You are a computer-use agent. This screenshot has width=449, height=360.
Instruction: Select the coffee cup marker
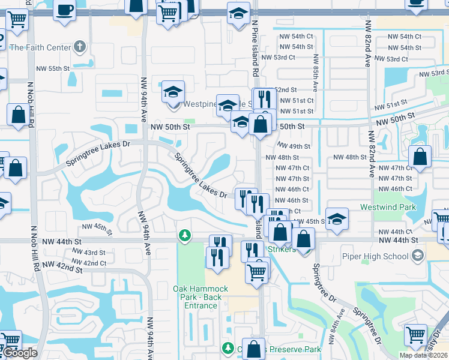click(x=64, y=10)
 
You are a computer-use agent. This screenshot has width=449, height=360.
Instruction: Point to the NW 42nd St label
click(x=62, y=267)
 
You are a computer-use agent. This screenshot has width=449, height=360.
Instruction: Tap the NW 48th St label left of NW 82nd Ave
click(x=349, y=157)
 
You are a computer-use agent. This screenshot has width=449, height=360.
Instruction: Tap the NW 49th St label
click(x=294, y=146)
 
